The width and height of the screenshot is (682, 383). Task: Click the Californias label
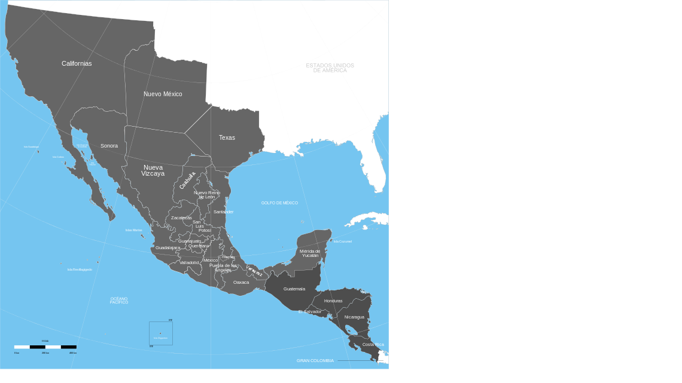coord(77,63)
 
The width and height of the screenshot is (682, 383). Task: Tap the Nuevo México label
coord(163,94)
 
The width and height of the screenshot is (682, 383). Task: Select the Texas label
coord(227,137)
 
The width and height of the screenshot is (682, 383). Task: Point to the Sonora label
coord(109,146)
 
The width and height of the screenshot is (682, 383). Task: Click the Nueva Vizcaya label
coord(153,170)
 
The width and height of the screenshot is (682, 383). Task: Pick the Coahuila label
coord(187,180)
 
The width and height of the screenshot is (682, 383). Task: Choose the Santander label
coord(224,212)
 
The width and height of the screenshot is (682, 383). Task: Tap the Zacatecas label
coord(181,218)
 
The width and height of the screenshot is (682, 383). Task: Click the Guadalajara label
coord(168,247)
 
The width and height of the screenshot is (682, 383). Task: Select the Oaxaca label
coord(241,282)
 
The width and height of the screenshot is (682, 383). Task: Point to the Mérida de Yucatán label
coord(310,253)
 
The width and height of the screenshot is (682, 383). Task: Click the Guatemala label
coord(294,289)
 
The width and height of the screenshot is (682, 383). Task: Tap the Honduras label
coord(333,301)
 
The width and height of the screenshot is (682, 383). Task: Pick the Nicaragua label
coord(354,317)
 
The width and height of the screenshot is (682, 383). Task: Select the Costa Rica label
coord(373,344)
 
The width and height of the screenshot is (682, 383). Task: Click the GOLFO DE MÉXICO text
coord(279,203)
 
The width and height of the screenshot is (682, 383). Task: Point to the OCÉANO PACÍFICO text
coord(119,301)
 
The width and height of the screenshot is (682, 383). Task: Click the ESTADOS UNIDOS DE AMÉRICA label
coord(330,68)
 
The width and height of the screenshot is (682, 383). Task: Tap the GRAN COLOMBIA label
coord(315,361)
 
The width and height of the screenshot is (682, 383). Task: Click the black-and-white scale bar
coord(45,347)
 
